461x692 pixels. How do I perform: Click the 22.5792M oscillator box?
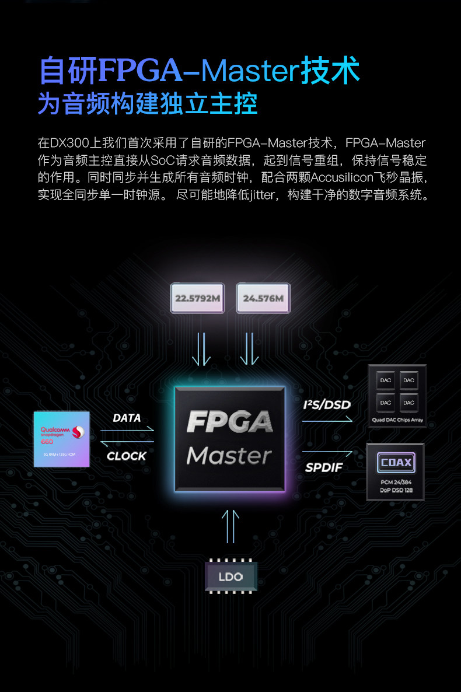pyautogui.click(x=197, y=298)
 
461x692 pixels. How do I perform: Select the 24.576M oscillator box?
pyautogui.click(x=263, y=298)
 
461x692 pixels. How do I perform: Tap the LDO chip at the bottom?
pyautogui.click(x=230, y=577)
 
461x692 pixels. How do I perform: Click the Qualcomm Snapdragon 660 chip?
pyautogui.click(x=62, y=439)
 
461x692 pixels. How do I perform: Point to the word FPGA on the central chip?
pyautogui.click(x=229, y=421)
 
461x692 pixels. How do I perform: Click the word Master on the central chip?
pyautogui.click(x=229, y=456)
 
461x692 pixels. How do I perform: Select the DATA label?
pyautogui.click(x=127, y=418)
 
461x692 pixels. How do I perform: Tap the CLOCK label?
pyautogui.click(x=127, y=456)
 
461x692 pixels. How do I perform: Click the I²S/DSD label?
pyautogui.click(x=327, y=404)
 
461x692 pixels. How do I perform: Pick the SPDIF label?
pyautogui.click(x=324, y=467)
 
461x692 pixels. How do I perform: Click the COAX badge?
pyautogui.click(x=396, y=463)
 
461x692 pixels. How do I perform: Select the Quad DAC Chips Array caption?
pyautogui.click(x=396, y=420)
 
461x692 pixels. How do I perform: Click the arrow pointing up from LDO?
pyautogui.click(x=230, y=525)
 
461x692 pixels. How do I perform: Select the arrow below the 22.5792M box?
pyautogui.click(x=201, y=348)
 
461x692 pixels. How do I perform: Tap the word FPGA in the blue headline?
pyautogui.click(x=140, y=70)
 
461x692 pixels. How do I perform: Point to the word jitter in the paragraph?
pyautogui.click(x=261, y=195)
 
